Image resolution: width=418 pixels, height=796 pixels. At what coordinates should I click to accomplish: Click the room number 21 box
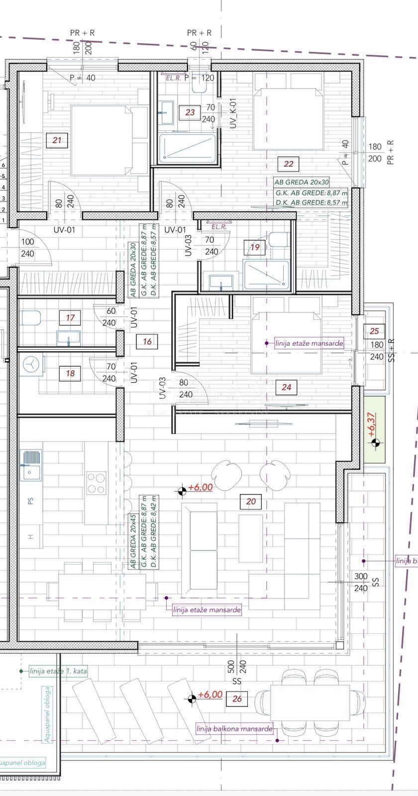point(57,140)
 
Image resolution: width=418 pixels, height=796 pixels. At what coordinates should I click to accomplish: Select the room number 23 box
point(190,112)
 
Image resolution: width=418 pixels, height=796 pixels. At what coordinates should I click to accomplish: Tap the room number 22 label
point(289,163)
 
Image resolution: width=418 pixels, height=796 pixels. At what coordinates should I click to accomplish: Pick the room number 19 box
point(255,247)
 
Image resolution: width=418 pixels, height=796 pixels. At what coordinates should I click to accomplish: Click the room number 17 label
point(70,317)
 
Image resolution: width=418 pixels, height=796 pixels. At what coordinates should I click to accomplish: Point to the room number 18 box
point(70,373)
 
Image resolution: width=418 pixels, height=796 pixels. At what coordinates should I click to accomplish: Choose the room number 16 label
point(147,341)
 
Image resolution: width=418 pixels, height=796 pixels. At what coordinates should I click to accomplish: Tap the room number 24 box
point(286,387)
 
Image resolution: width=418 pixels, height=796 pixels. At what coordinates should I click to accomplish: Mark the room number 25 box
point(375,331)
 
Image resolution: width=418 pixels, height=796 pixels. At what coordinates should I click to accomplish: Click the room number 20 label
point(251,501)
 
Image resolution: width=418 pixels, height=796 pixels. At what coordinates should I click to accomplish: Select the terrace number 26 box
point(237,699)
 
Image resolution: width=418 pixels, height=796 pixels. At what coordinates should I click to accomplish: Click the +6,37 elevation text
point(372,424)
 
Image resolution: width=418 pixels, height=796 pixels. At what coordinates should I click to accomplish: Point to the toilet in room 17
point(31,317)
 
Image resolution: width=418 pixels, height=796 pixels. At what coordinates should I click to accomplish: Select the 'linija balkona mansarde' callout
point(234,729)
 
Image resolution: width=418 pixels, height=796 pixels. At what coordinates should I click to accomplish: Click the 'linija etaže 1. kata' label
point(58,671)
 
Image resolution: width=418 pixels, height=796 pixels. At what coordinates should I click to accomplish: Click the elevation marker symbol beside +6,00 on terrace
point(190,699)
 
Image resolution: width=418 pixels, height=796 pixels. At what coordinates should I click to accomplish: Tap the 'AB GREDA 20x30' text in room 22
point(302,183)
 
